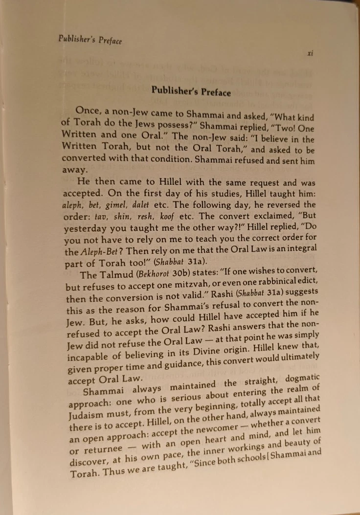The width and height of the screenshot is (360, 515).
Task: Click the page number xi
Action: click(310, 53)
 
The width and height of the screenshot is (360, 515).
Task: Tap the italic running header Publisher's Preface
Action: click(90, 39)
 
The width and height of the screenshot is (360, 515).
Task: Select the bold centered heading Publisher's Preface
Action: click(191, 91)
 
